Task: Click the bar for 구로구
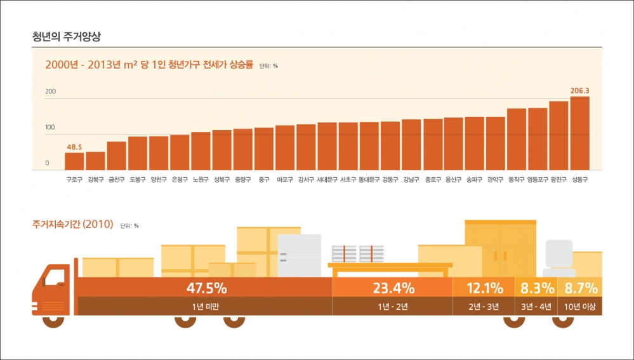74,161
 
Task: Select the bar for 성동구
579,133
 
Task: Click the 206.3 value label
579,91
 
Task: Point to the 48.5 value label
74,147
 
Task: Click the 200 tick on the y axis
50,92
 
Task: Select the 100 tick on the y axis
50,128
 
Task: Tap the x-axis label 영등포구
538,180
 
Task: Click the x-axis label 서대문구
327,180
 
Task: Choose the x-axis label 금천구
116,180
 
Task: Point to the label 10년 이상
580,307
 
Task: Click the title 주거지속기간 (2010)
72,224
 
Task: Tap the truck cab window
55,277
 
